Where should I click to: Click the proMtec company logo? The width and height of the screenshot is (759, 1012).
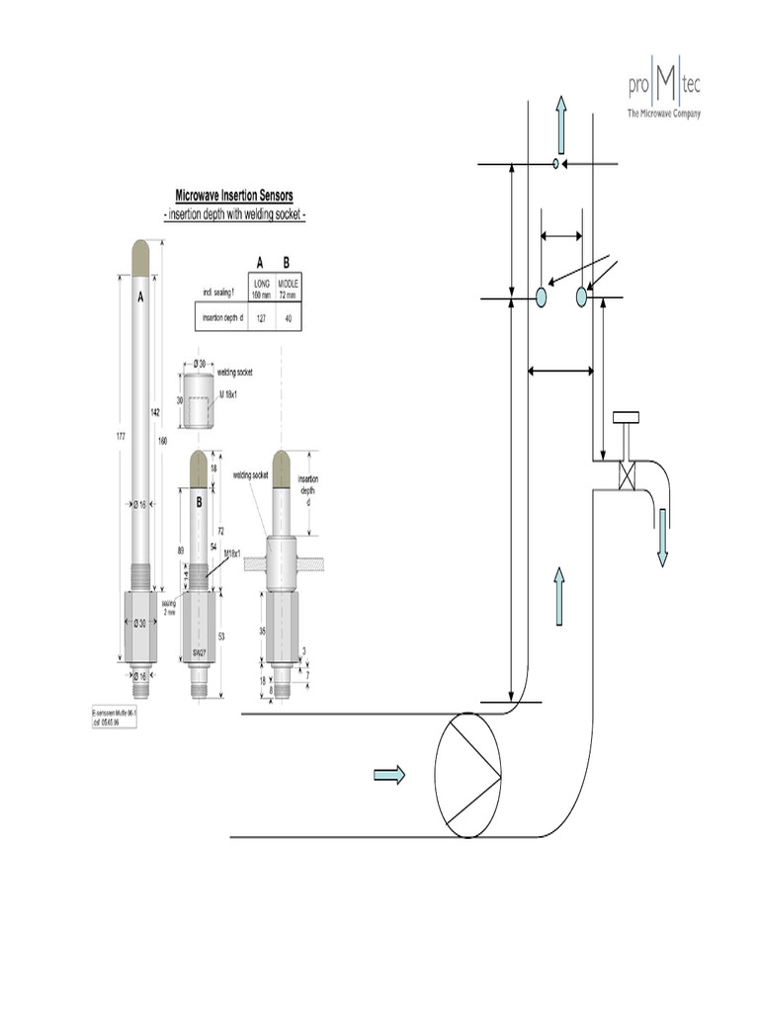coord(663,94)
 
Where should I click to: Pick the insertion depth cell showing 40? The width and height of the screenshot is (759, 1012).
coord(287,317)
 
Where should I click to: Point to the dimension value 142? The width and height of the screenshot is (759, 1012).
coord(154,411)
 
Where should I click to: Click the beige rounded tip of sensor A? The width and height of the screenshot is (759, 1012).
coord(140,257)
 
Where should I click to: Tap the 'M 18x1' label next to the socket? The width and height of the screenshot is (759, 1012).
coord(231,395)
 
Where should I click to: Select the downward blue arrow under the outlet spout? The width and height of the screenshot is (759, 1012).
coord(662,540)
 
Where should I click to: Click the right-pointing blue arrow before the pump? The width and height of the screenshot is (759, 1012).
coord(389,775)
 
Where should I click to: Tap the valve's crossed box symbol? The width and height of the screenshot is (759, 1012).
coord(624,474)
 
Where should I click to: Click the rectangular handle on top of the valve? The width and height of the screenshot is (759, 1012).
coord(625,417)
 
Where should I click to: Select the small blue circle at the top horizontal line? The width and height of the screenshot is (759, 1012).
coord(555,163)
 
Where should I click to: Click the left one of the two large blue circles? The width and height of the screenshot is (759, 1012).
coord(542,295)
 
